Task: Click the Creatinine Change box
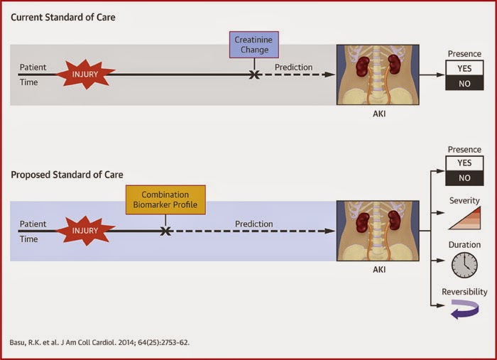click(x=253, y=45)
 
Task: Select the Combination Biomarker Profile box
click(x=165, y=200)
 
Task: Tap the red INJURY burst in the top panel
click(x=85, y=74)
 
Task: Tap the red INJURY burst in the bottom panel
click(x=85, y=230)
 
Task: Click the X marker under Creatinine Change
click(x=253, y=73)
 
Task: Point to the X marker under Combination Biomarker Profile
click(x=165, y=230)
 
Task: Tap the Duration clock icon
click(x=464, y=265)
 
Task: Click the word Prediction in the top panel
click(x=293, y=67)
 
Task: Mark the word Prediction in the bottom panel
click(x=253, y=224)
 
